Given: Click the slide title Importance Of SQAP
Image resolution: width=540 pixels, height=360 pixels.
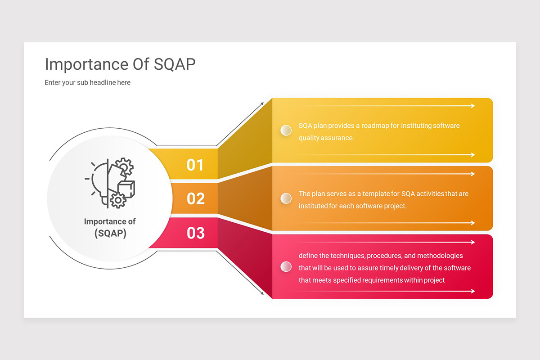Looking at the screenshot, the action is (120, 64).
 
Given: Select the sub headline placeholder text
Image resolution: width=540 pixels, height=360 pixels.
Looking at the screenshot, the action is (87, 83).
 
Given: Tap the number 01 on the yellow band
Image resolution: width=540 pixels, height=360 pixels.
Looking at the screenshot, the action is (195, 165).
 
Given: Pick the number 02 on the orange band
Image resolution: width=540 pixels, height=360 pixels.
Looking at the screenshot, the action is (195, 199).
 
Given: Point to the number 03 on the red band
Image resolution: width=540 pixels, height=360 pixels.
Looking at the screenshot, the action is (195, 233).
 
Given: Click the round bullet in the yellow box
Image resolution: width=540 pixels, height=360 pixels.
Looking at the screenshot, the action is (286, 130).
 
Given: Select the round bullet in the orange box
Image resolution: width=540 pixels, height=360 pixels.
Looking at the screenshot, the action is (286, 198).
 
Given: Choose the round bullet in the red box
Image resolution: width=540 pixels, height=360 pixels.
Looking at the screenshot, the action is (286, 267).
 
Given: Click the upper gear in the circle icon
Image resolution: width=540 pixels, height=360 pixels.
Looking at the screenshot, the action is (124, 166).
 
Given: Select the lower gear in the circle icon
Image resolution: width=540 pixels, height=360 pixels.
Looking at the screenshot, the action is (118, 200).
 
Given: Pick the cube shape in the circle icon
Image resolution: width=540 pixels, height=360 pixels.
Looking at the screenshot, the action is (126, 189).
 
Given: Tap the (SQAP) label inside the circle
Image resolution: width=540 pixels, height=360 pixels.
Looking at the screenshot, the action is (110, 234).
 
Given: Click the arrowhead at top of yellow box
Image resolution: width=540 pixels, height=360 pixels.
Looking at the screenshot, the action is (473, 106).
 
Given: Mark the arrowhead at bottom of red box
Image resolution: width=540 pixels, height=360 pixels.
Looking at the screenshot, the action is (473, 291).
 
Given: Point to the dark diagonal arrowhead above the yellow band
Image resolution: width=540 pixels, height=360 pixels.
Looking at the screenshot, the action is (262, 104).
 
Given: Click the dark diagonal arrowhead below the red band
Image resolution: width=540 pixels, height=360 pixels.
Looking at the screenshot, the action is (262, 293).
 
